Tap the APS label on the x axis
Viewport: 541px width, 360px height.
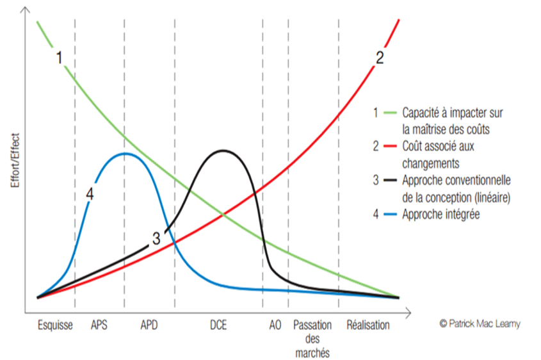click(x=99, y=325)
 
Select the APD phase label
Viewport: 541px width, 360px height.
click(x=149, y=325)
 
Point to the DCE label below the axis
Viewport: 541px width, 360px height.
click(x=218, y=325)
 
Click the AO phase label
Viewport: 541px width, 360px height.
click(x=274, y=325)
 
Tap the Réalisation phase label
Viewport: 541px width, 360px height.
click(x=367, y=325)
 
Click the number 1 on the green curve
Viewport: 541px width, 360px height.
click(x=59, y=58)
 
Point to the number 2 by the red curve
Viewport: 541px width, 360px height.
click(x=380, y=58)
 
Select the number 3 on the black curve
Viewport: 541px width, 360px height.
click(x=156, y=238)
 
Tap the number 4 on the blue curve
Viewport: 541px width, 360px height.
click(x=90, y=194)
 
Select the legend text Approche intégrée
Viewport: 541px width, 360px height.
click(x=440, y=215)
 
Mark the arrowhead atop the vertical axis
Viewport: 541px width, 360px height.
click(x=24, y=9)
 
